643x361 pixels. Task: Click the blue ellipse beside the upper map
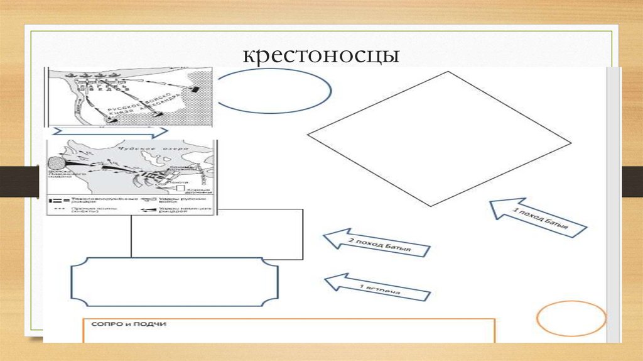click(274, 91)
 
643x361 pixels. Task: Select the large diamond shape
click(438, 138)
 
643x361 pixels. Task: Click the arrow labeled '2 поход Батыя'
click(376, 243)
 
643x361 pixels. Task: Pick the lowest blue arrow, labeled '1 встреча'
click(376, 287)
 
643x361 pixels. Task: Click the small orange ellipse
click(571, 319)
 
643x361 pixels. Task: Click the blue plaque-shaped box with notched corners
click(175, 281)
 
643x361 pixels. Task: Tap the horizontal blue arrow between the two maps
click(110, 133)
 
